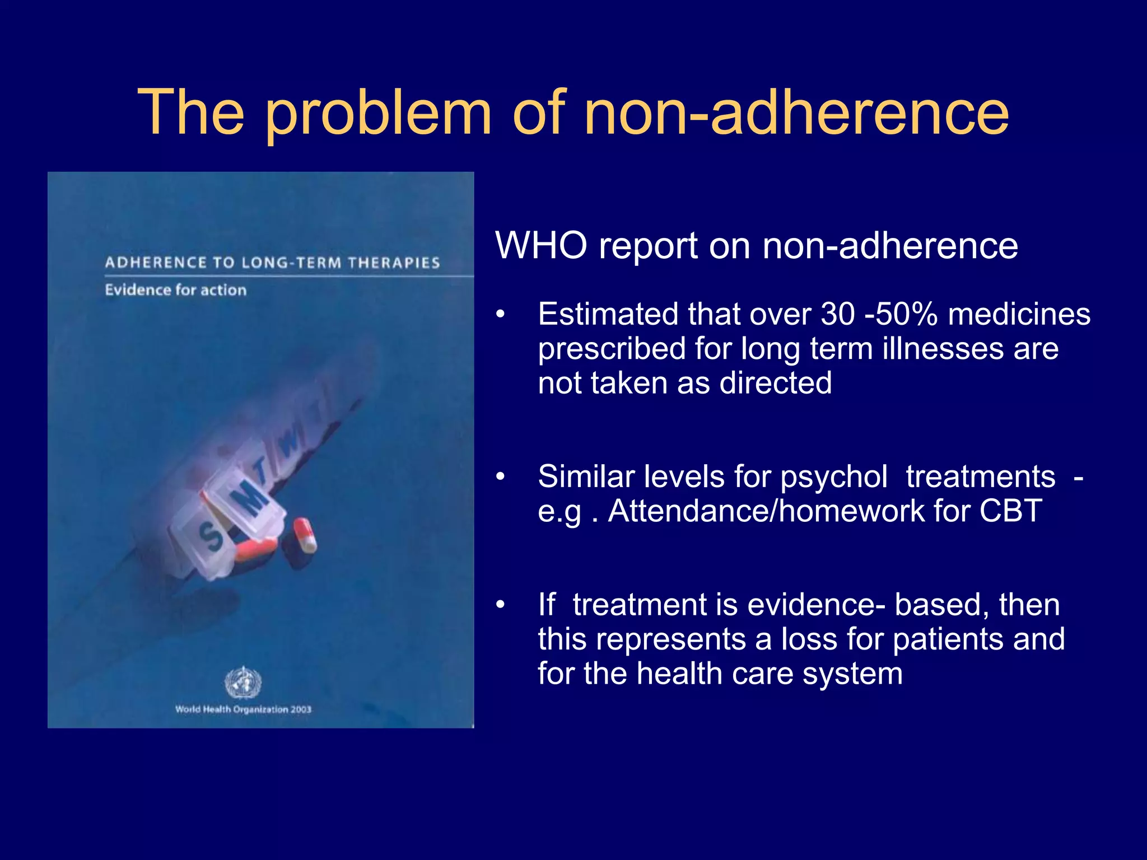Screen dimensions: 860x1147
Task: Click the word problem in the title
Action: pyautogui.click(x=379, y=115)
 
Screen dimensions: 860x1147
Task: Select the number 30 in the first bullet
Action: pyautogui.click(x=838, y=314)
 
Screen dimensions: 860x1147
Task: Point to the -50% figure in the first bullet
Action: pyautogui.click(x=901, y=314)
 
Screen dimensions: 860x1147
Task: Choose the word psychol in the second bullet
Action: pyautogui.click(x=833, y=477)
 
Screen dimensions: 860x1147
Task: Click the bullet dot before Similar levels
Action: pyautogui.click(x=500, y=477)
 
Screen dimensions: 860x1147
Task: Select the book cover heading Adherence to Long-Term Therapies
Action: pyautogui.click(x=272, y=263)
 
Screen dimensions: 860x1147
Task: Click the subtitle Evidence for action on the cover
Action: pyautogui.click(x=175, y=290)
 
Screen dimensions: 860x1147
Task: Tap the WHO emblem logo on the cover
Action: pyautogui.click(x=243, y=683)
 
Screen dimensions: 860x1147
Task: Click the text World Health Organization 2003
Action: pyautogui.click(x=243, y=709)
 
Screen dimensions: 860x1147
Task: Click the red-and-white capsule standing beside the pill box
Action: pyautogui.click(x=304, y=535)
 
